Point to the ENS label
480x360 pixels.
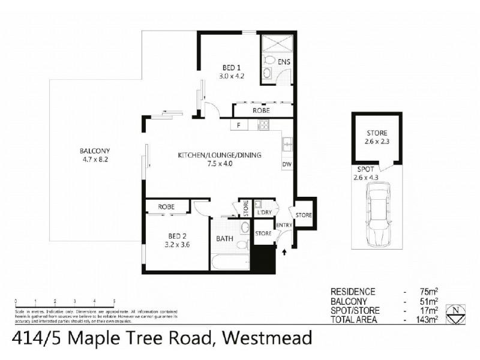click(x=284, y=62)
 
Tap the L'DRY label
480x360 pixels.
click(x=265, y=213)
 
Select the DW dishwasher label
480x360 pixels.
click(x=286, y=163)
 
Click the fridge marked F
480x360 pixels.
click(x=238, y=125)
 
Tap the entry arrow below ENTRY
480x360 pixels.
click(x=284, y=254)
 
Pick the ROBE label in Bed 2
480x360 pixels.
click(x=166, y=207)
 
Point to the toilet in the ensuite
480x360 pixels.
click(x=270, y=60)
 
